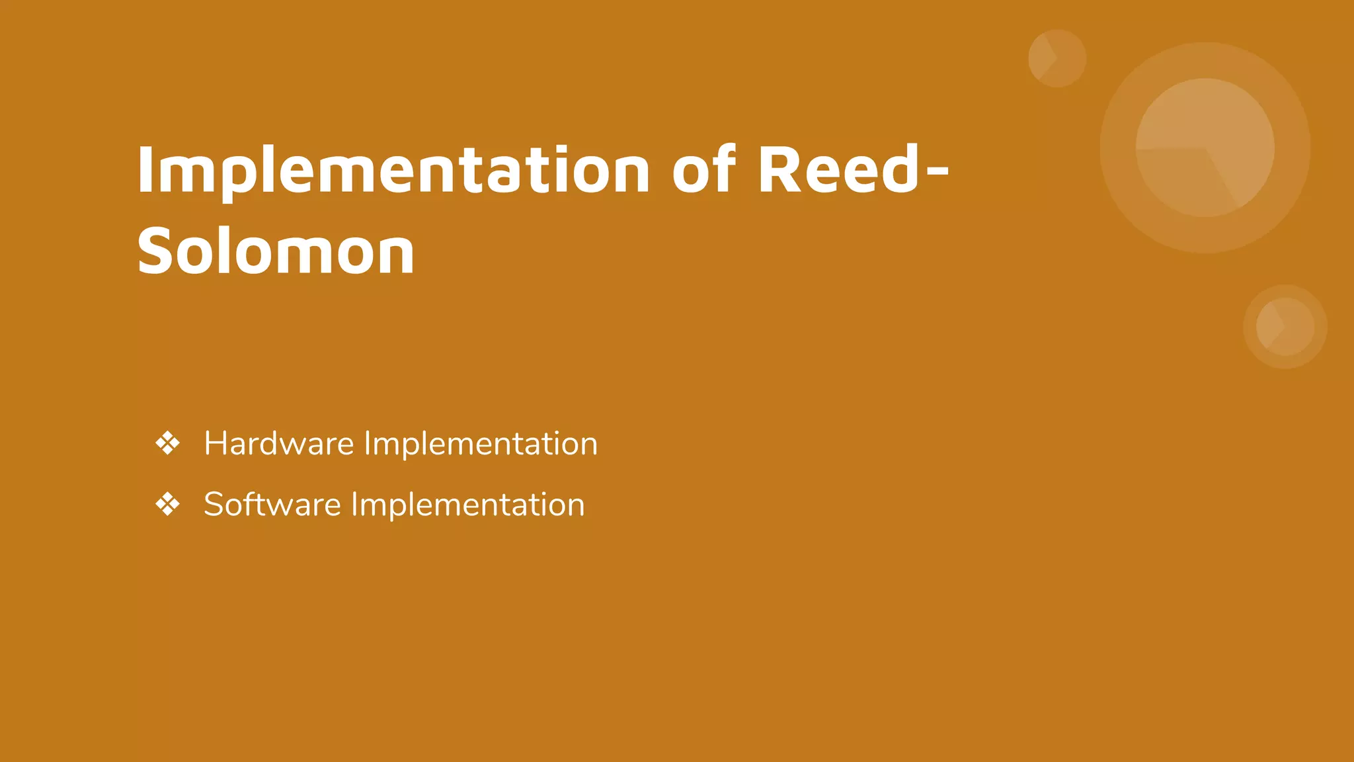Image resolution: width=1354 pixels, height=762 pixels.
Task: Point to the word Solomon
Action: [276, 251]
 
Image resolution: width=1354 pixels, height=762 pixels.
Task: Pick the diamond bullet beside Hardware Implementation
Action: [167, 443]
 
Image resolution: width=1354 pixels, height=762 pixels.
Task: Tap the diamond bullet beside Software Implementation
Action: [167, 505]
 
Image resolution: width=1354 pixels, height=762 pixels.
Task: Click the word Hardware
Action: [278, 443]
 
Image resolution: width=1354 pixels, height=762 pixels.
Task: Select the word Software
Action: [272, 505]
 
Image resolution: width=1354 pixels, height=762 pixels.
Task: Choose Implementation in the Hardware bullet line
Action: [481, 443]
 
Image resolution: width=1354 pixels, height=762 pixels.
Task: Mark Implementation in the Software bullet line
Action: [467, 505]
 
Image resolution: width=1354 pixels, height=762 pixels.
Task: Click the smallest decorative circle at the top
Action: [1056, 58]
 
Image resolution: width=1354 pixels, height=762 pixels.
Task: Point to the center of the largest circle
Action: [1205, 148]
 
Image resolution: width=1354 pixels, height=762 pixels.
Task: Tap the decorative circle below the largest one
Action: [1285, 326]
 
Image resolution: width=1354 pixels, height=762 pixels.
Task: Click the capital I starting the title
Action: [145, 171]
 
